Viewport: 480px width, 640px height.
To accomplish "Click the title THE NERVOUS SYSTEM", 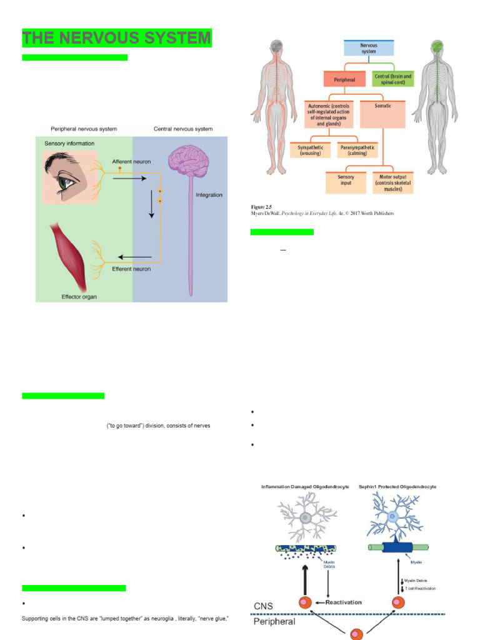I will [116, 38].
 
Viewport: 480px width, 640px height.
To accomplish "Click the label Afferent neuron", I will [132, 161].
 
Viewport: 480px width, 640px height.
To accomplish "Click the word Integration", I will [209, 195].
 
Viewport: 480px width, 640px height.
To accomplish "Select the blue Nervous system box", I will [369, 48].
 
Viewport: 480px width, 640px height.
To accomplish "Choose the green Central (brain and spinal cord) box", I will [392, 79].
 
